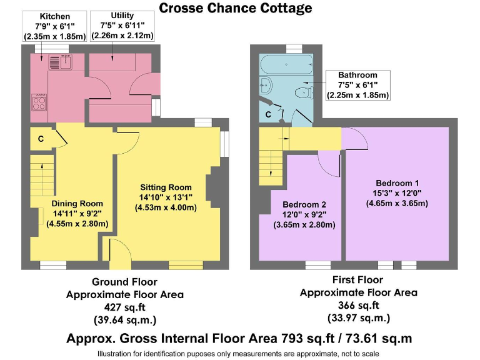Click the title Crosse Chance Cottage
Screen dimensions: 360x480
click(236, 8)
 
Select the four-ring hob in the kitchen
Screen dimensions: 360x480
click(39, 101)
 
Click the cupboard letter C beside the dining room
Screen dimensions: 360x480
click(41, 139)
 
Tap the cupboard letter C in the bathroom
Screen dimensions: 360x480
click(268, 114)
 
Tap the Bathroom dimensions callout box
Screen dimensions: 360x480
click(357, 85)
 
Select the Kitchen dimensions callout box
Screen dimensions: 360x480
click(54, 26)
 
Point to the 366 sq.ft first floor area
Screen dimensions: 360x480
click(358, 306)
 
